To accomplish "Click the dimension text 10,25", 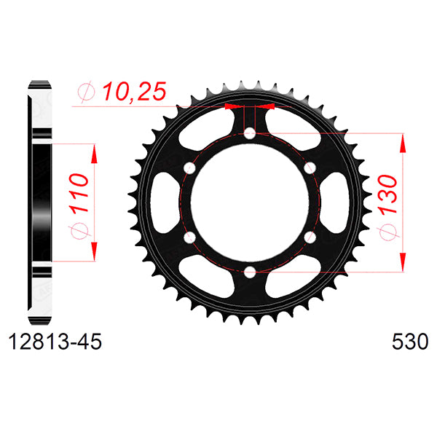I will [x=135, y=92].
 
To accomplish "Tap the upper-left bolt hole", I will [x=190, y=168].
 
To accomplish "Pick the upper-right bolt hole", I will [x=310, y=168].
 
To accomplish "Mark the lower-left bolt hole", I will [x=190, y=237].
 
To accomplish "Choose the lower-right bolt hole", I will [x=310, y=237].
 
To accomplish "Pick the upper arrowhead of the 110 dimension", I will [x=94, y=150].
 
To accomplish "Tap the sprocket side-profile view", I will [x=41, y=202].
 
